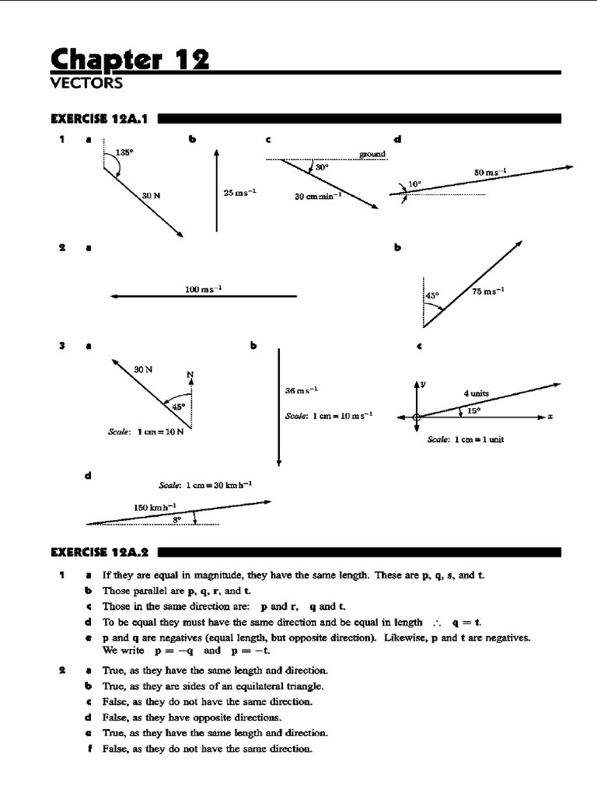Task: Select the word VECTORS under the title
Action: click(x=86, y=82)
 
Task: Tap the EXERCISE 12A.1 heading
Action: click(x=101, y=119)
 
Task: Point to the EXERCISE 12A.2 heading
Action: click(x=101, y=553)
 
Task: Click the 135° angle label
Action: click(x=124, y=153)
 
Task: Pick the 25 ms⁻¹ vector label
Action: click(x=240, y=192)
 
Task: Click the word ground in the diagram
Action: click(x=372, y=154)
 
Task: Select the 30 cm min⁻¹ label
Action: click(x=318, y=197)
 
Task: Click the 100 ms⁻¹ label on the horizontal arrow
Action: click(x=204, y=289)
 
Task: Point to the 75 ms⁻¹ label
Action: click(x=488, y=292)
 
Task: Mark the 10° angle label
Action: click(x=415, y=185)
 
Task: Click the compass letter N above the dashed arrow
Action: click(x=190, y=375)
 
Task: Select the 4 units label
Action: click(x=477, y=393)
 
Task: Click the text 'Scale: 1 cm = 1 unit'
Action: click(x=466, y=439)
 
